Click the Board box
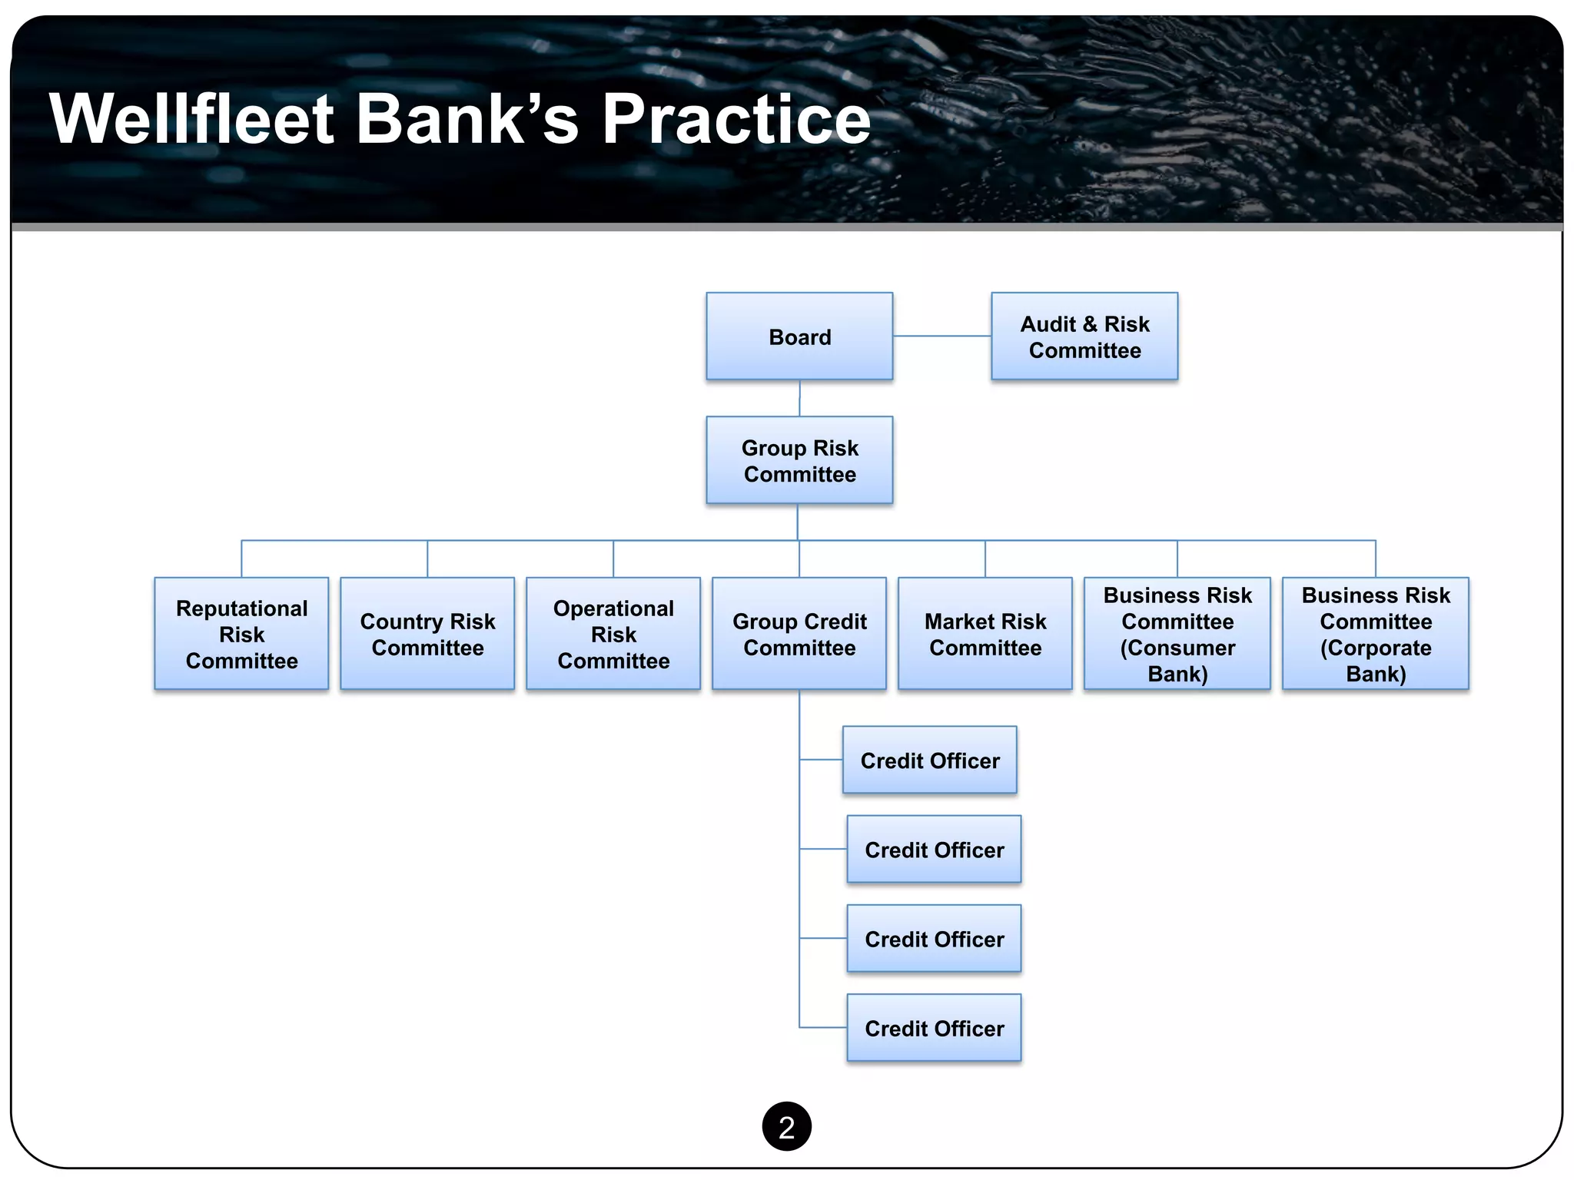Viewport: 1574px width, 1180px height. (x=799, y=336)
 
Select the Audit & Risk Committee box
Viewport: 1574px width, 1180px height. (x=1084, y=336)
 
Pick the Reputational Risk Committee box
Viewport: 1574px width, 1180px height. (x=241, y=633)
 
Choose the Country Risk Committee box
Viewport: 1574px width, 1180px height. (x=427, y=633)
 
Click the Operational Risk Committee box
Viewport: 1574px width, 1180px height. (x=613, y=633)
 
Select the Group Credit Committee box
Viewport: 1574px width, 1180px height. (x=799, y=633)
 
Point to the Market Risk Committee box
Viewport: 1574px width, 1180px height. (x=985, y=633)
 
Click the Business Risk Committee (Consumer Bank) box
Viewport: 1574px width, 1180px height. (x=1177, y=633)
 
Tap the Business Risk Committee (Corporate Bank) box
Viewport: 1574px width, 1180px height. (x=1375, y=633)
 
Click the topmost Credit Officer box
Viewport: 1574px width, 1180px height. (x=929, y=760)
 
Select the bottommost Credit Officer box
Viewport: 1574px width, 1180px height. (x=934, y=1027)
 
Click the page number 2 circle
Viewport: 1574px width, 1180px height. (x=786, y=1126)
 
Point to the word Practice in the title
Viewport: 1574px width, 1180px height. (x=736, y=119)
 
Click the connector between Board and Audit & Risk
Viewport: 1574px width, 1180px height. (x=941, y=336)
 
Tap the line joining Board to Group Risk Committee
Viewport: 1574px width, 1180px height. (x=799, y=398)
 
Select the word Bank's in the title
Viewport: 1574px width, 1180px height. (x=467, y=119)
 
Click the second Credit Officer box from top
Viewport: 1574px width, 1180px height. (x=934, y=849)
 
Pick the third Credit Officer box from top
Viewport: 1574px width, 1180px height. (x=934, y=938)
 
